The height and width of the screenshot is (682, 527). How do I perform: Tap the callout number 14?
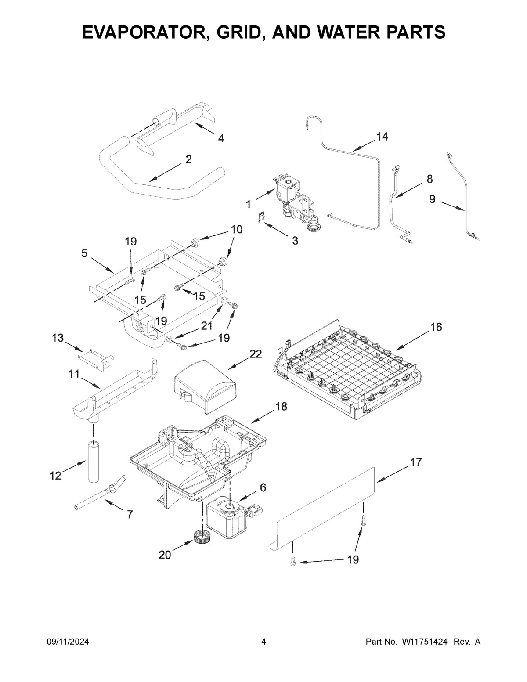click(382, 137)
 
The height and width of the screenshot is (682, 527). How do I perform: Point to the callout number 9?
click(432, 200)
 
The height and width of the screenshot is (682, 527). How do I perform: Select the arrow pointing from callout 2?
click(165, 172)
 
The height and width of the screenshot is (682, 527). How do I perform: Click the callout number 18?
click(281, 407)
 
